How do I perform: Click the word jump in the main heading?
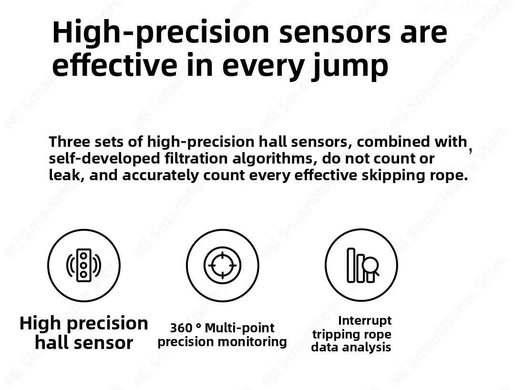pos(350,66)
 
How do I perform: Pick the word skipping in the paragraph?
pos(385,175)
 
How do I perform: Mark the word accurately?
pos(161,175)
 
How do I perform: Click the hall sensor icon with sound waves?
pos(84,265)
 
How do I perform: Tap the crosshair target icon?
pos(222,265)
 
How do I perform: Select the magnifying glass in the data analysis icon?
pos(371,265)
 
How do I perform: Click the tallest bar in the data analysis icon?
pos(351,265)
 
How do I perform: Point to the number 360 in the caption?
pos(181,328)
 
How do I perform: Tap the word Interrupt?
pos(365,320)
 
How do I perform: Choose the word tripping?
pos(332,334)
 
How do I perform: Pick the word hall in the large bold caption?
pos(51,343)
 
